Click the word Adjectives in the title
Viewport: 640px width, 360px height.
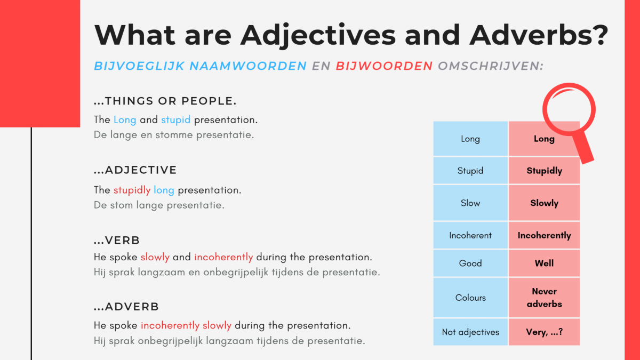[x=318, y=35]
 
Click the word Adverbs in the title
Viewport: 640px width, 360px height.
[x=539, y=35]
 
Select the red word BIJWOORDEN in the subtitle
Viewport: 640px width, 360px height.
[x=385, y=66]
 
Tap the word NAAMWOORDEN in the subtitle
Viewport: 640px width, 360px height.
[x=249, y=66]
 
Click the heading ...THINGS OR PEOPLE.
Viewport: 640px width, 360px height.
[x=165, y=101]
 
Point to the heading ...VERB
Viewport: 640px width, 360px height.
[x=117, y=241]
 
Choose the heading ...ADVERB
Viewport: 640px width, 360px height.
[x=126, y=307]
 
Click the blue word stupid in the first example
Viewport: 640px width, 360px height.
[x=175, y=119]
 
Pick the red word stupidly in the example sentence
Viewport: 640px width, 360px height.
[x=132, y=190]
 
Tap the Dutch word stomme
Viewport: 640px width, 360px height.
[x=174, y=135]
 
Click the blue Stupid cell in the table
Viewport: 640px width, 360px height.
[x=470, y=171]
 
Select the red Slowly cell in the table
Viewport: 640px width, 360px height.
[x=545, y=203]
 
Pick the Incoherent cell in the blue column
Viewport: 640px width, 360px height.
[x=470, y=235]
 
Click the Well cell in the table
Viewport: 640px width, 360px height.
[x=545, y=263]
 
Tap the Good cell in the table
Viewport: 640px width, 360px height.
[x=470, y=263]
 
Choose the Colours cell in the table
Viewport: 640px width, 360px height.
[x=470, y=298]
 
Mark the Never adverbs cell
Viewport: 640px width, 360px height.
[x=545, y=298]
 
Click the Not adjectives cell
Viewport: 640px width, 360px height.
[x=470, y=332]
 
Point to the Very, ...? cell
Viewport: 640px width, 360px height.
[x=545, y=332]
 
